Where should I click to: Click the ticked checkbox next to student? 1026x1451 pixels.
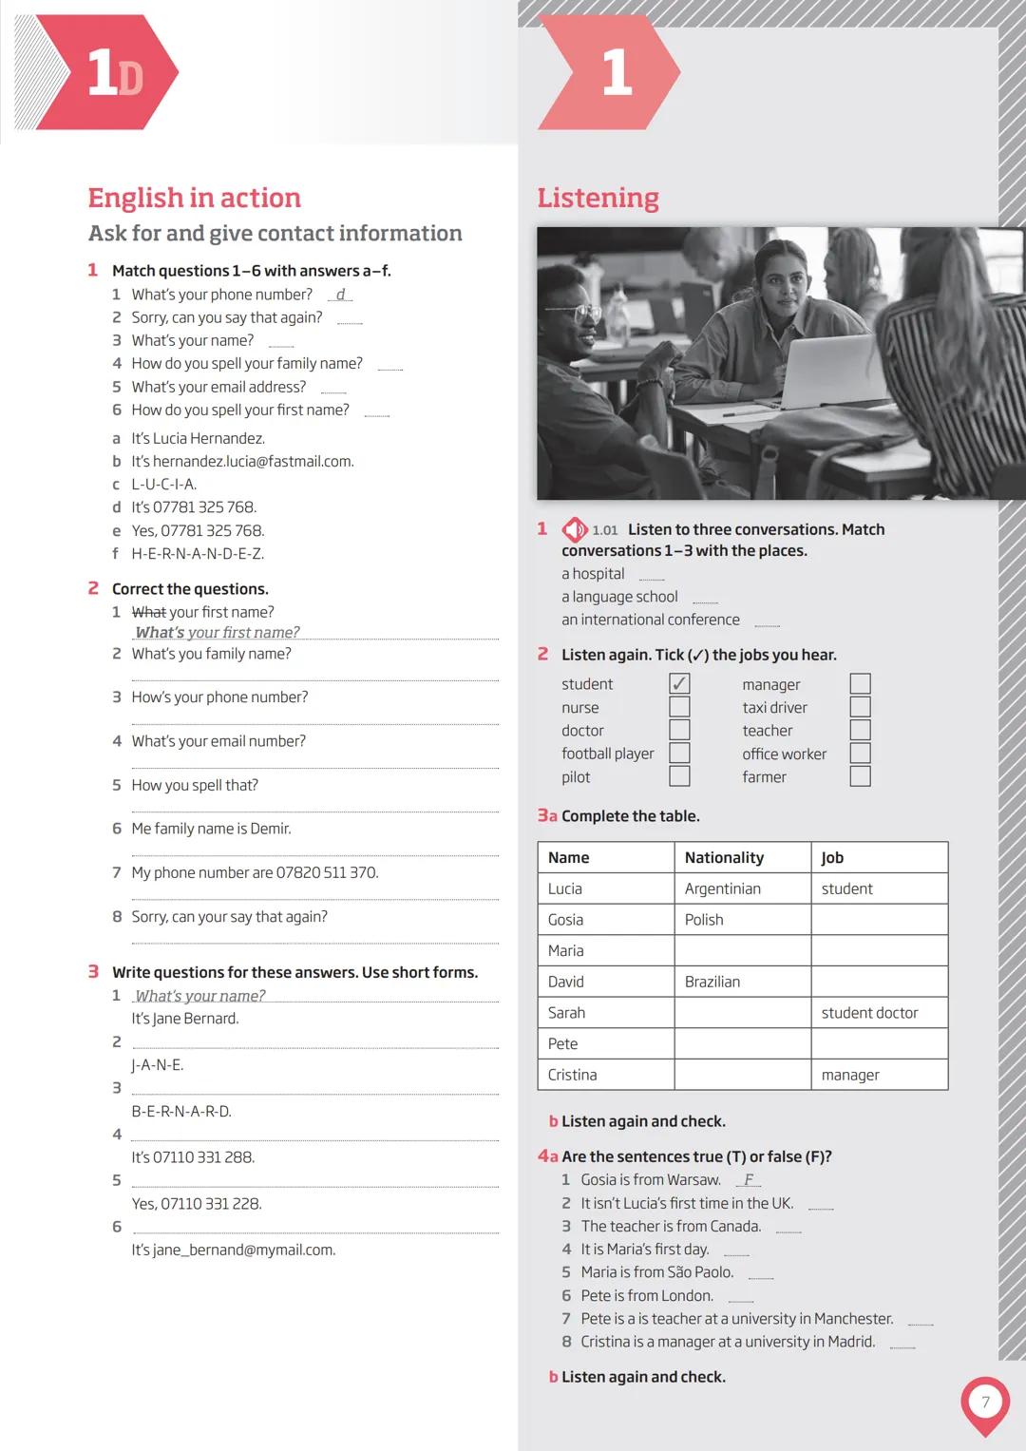pyautogui.click(x=679, y=684)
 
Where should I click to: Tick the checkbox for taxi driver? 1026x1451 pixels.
pyautogui.click(x=860, y=707)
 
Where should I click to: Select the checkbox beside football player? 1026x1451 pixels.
pyautogui.click(x=679, y=754)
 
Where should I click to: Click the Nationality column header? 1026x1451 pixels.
pyautogui.click(x=724, y=858)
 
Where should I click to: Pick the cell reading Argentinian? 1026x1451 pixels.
pyautogui.click(x=723, y=889)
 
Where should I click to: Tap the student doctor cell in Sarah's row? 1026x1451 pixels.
pyautogui.click(x=869, y=1013)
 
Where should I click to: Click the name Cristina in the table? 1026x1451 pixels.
pyautogui.click(x=573, y=1075)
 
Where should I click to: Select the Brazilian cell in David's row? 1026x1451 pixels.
pyautogui.click(x=712, y=982)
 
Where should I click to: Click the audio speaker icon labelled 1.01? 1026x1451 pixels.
pyautogui.click(x=575, y=529)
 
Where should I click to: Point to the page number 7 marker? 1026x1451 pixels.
pyautogui.click(x=985, y=1403)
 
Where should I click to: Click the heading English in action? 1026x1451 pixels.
pyautogui.click(x=195, y=198)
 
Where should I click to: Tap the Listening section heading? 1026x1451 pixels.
pyautogui.click(x=598, y=198)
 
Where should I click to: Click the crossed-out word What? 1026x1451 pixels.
pyautogui.click(x=148, y=613)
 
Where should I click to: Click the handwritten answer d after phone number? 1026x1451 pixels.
pyautogui.click(x=340, y=295)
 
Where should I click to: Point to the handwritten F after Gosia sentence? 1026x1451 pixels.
pyautogui.click(x=749, y=1180)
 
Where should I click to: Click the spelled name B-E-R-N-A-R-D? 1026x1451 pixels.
pyautogui.click(x=181, y=1112)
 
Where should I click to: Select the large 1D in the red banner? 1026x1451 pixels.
pyautogui.click(x=114, y=73)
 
